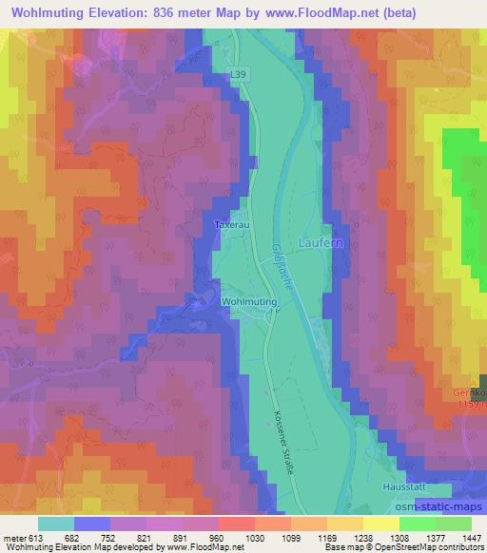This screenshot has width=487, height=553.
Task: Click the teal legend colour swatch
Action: click(56, 524)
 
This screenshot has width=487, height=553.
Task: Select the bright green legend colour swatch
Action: click(417, 524)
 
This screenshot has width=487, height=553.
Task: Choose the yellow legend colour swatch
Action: click(380, 524)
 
